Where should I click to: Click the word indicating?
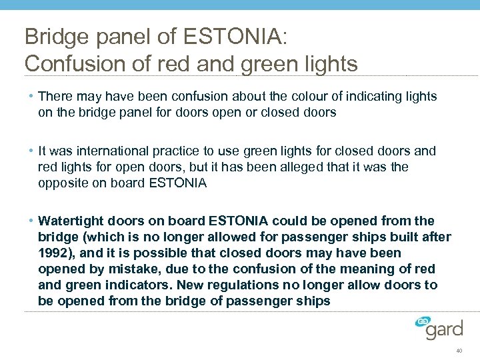coord(354,97)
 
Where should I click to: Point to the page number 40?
coord(459,351)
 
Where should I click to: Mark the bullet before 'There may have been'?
coord(31,97)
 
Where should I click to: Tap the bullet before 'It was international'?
coord(31,151)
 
